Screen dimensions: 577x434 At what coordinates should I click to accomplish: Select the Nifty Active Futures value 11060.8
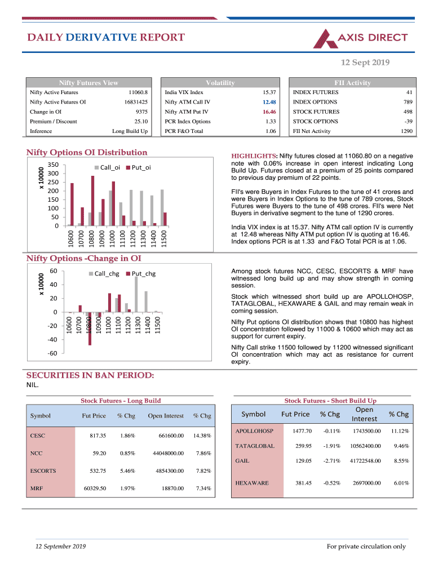138,92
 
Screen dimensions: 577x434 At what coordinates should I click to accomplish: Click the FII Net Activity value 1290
406,131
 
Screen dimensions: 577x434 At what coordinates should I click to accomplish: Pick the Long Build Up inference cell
130,131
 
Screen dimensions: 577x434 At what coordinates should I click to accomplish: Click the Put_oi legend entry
140,167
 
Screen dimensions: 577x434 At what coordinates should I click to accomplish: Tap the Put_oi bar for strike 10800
93,201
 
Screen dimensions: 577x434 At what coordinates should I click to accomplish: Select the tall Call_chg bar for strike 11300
136,294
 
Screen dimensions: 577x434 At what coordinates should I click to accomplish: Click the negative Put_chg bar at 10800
90,328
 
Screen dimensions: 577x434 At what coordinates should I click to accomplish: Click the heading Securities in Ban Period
90,376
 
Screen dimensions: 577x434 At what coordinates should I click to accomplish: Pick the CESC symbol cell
38,436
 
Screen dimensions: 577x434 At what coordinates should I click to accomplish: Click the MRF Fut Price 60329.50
94,488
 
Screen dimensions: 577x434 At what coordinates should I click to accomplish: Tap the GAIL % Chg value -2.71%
331,460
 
